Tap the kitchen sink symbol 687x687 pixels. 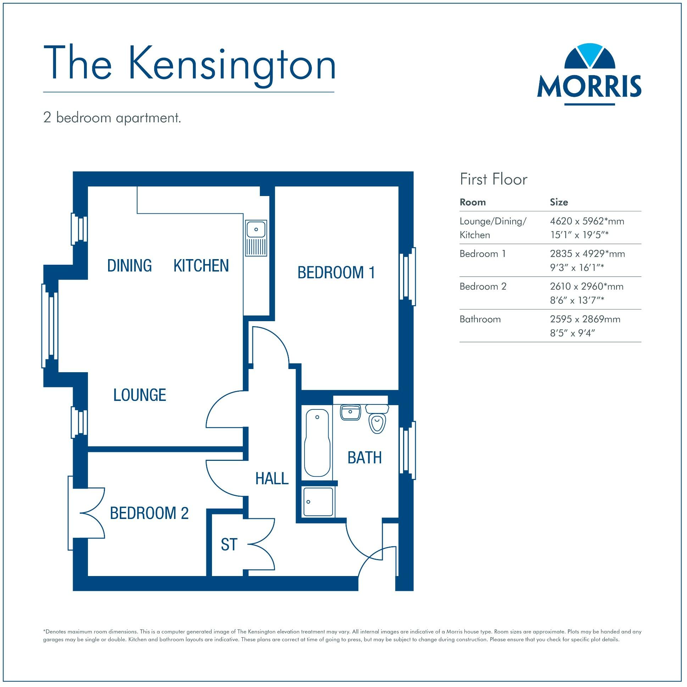click(256, 238)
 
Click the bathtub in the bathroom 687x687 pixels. click(317, 443)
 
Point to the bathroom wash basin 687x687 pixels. click(351, 412)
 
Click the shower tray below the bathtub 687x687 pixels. click(318, 502)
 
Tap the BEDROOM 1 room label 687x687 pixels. click(336, 273)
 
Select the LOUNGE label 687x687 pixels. click(139, 395)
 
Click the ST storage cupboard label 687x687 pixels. click(228, 544)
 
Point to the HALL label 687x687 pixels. click(272, 479)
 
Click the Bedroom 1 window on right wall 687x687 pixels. click(407, 277)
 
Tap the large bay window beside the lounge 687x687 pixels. click(50, 325)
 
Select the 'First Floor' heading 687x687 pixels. click(493, 179)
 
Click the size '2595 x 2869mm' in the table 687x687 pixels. click(585, 319)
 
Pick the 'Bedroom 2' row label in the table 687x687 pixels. click(482, 286)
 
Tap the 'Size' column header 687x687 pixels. click(559, 202)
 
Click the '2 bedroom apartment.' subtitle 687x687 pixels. click(112, 118)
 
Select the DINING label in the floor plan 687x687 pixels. click(129, 266)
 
